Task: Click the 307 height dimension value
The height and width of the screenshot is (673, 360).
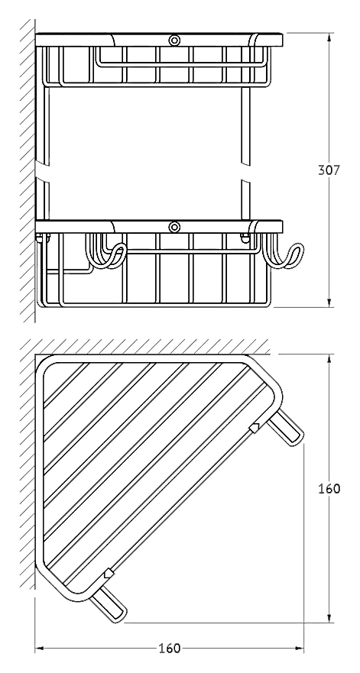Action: pos(329,170)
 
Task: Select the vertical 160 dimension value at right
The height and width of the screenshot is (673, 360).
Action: pos(329,488)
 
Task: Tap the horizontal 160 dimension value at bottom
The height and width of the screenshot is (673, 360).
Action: pos(170,649)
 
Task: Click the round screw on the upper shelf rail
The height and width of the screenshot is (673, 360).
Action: pos(174,40)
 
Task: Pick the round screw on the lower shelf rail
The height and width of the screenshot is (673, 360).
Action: pos(174,227)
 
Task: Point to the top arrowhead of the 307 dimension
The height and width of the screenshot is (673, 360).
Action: pos(329,38)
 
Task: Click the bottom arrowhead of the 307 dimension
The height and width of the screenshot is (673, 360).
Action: pos(329,303)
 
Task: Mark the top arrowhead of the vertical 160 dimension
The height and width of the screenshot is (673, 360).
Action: pos(329,359)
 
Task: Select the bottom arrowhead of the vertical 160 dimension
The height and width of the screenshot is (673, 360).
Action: pos(329,617)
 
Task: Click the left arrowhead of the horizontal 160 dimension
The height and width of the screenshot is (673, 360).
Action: pos(40,649)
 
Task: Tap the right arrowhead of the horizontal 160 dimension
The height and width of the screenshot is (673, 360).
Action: pos(299,649)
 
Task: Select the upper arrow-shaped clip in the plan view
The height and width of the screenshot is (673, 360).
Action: pos(255,428)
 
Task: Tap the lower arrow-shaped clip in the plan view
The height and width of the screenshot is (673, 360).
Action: pos(109,574)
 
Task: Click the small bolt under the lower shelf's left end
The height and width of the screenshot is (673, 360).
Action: pos(44,238)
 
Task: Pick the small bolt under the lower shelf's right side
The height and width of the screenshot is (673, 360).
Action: pos(245,238)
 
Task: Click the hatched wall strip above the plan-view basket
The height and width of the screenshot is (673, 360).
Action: pos(146,346)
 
